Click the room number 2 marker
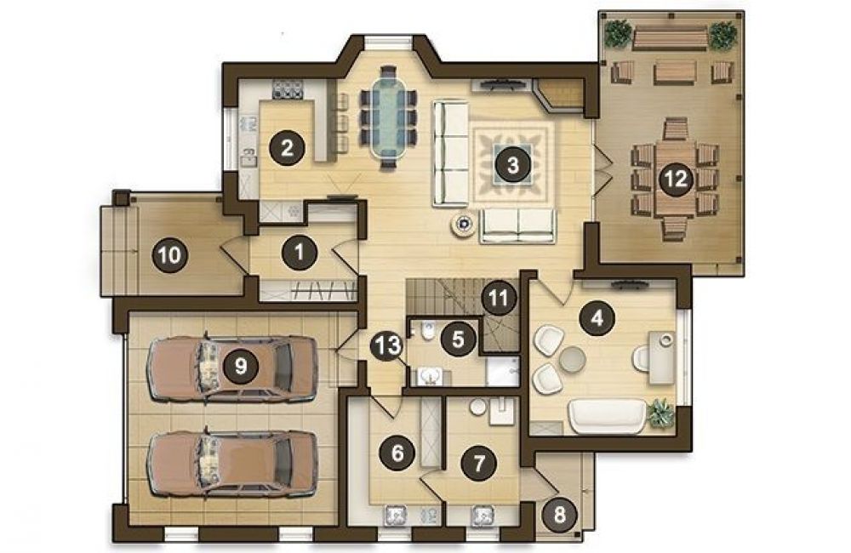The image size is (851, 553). coord(287,147)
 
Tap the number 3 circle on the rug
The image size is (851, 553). coord(513,164)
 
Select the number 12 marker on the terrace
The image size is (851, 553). coord(677,179)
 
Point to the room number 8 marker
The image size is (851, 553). coord(559,514)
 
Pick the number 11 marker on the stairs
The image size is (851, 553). coord(499,298)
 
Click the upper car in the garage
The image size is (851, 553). coord(231,368)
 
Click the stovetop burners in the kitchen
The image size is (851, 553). coord(288,89)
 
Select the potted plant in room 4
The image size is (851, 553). coord(660,413)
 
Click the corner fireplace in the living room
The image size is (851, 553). coord(559,95)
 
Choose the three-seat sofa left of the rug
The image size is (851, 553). coord(450,154)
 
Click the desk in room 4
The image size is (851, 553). coord(663,359)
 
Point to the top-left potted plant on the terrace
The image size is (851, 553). coord(617,33)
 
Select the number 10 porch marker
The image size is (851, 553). coord(170,254)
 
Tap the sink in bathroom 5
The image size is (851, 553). coord(432,376)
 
